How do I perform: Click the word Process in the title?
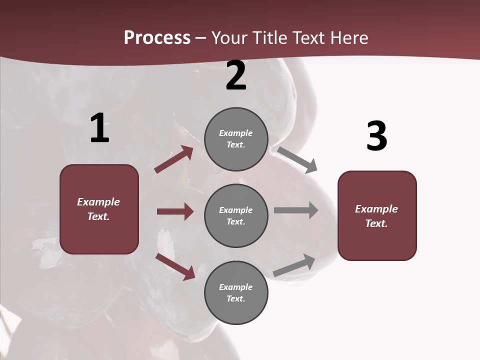point(157,38)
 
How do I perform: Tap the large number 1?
point(99,128)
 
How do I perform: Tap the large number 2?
point(236,75)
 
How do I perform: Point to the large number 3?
point(376,136)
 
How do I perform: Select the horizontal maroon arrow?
point(175,211)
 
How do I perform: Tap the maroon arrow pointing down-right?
point(175,266)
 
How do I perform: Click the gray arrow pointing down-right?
point(297,159)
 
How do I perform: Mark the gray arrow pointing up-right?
point(294,265)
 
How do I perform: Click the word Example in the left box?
point(98,202)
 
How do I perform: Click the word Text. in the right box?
point(376,223)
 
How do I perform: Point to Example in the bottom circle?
point(235,287)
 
